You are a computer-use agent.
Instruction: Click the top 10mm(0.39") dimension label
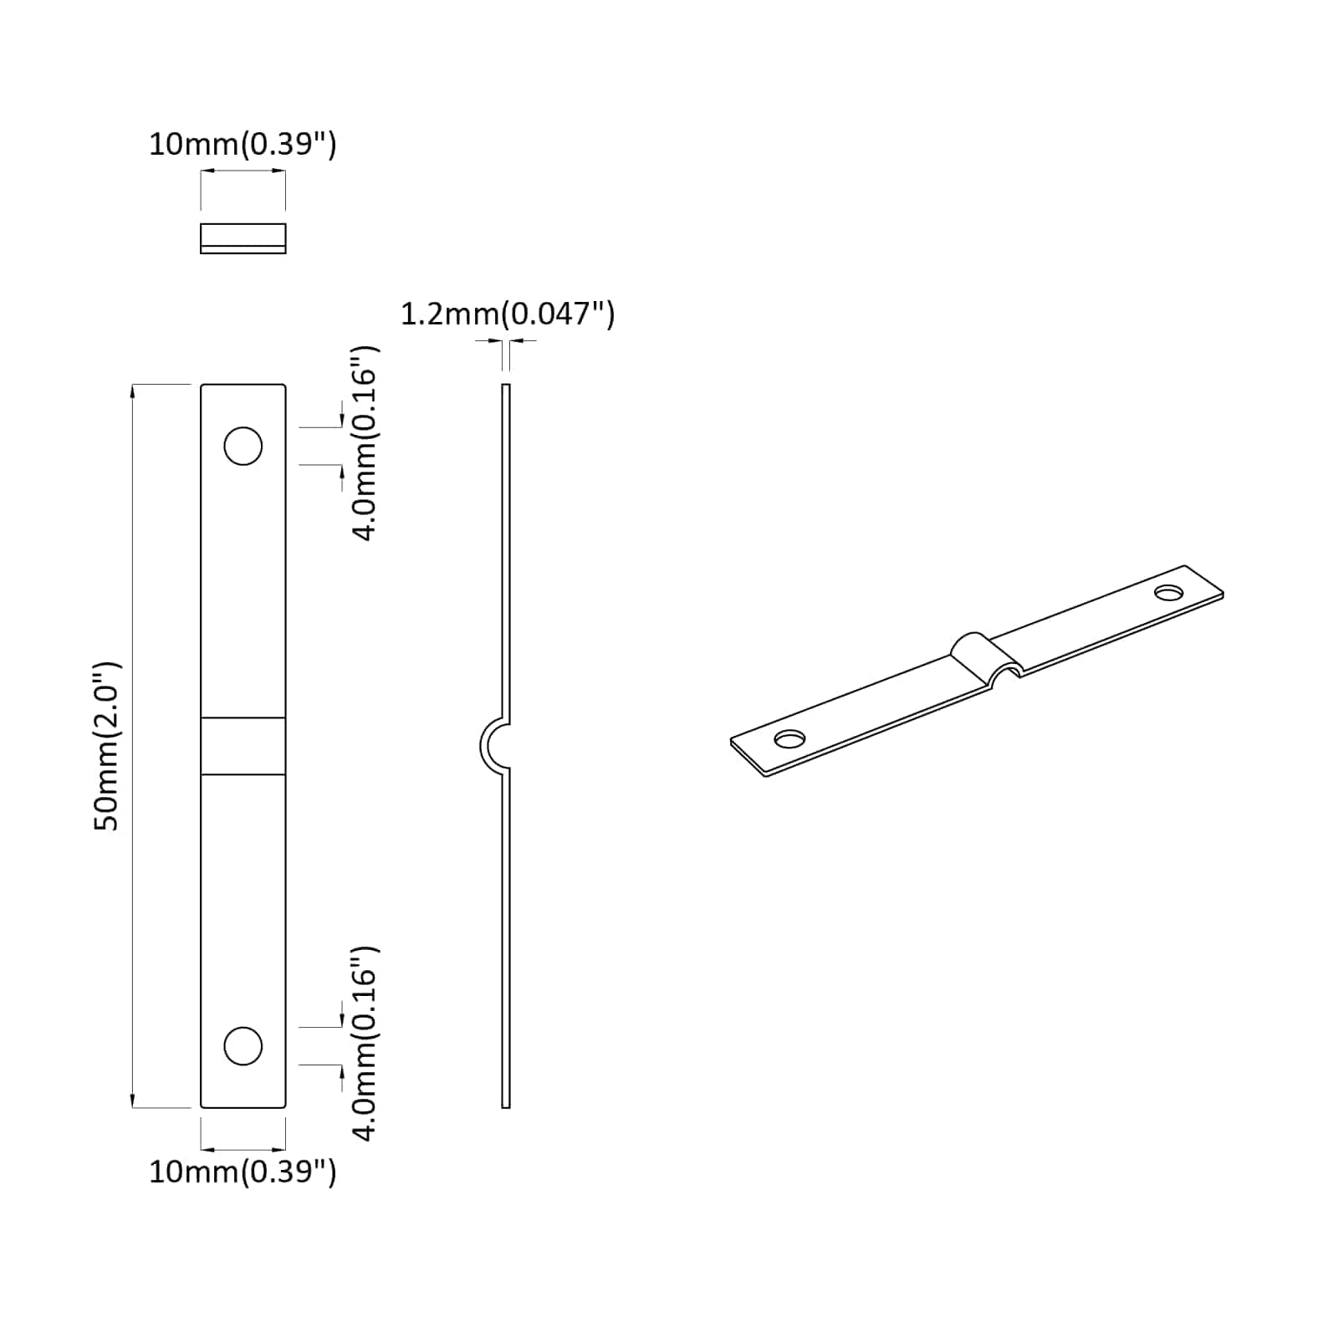click(x=243, y=145)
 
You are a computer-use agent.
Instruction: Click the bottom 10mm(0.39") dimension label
click(x=243, y=1172)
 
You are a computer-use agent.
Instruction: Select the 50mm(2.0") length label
click(x=107, y=745)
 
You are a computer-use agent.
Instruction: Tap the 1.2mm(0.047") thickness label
click(x=508, y=314)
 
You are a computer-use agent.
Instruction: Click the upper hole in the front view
click(x=243, y=447)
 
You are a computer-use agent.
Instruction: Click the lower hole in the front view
click(x=243, y=1046)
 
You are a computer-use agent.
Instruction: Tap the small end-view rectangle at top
click(x=243, y=238)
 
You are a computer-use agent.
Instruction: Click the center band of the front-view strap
click(x=243, y=745)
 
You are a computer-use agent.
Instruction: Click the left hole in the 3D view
click(x=789, y=739)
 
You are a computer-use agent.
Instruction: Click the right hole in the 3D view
click(x=1168, y=592)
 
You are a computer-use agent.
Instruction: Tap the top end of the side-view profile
click(x=506, y=387)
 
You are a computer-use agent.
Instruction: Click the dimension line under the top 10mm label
click(x=243, y=171)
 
